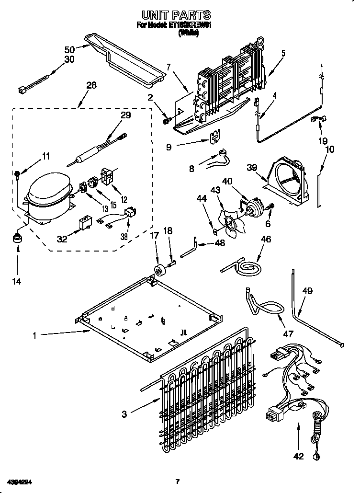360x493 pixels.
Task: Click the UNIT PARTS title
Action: coord(180,15)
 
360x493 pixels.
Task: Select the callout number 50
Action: coord(69,50)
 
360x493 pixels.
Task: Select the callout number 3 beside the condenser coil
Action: coord(124,414)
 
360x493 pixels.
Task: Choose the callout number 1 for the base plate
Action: coord(34,336)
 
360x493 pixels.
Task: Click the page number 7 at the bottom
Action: coord(177,481)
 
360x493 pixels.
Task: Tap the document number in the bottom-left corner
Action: coord(20,481)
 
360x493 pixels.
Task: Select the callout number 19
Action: coord(323,141)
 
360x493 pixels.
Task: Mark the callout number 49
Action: coord(308,290)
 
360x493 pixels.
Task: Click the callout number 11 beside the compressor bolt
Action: coord(46,156)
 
